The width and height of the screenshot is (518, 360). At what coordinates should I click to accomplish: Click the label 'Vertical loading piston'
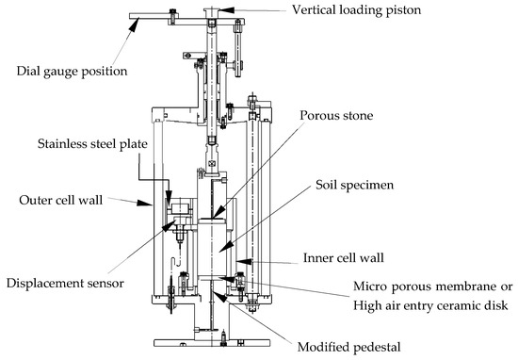356,10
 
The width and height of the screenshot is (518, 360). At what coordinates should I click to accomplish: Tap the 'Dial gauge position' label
72,72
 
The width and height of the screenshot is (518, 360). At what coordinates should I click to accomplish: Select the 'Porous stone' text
336,115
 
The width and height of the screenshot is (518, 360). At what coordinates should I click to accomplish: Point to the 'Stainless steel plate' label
92,144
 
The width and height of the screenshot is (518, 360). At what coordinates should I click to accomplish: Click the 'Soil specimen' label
354,185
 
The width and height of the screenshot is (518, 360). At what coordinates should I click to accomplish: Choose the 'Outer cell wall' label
61,200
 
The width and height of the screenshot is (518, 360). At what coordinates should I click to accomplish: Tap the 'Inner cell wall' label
344,258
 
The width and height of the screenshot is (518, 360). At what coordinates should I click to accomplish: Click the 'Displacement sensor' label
65,284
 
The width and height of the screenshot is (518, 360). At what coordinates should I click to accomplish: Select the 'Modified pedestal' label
348,347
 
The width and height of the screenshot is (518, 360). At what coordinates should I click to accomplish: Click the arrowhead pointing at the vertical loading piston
226,10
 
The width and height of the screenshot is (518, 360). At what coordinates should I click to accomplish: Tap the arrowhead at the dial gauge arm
133,25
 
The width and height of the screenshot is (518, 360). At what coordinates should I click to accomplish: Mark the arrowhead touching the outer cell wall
144,203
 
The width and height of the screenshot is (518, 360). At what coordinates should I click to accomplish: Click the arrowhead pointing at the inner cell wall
244,262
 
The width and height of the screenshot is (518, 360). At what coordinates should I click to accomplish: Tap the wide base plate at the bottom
212,343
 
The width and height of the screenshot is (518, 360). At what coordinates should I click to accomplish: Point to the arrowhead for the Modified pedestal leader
219,296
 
